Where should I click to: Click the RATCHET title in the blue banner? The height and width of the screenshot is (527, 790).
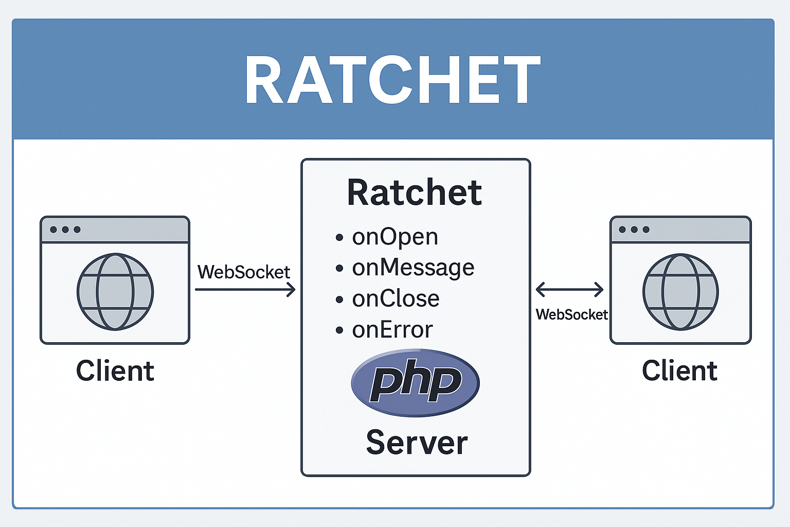[x=392, y=80]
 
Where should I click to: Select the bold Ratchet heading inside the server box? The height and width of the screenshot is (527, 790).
[x=415, y=192]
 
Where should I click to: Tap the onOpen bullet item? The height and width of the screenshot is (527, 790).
[x=395, y=237]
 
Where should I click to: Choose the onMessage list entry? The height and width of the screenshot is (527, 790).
[x=413, y=268]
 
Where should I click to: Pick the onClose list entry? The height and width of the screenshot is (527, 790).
[x=396, y=299]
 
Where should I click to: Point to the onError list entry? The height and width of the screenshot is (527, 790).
[x=392, y=330]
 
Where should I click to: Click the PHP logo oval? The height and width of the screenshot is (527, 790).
[x=415, y=382]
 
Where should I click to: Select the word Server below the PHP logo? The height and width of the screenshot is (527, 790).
[x=417, y=443]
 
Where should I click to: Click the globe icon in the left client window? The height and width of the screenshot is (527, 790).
[x=115, y=291]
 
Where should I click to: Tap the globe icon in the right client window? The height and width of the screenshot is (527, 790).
[x=680, y=291]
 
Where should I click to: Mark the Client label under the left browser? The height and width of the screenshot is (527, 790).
[x=115, y=371]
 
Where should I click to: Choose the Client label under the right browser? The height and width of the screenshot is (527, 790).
[x=679, y=371]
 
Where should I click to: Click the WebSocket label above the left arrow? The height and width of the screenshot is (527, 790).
[x=244, y=272]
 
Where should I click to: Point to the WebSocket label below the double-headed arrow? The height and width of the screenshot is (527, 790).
[x=571, y=314]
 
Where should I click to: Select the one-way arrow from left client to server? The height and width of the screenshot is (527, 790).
[x=245, y=290]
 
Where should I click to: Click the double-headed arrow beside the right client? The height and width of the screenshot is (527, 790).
[x=569, y=290]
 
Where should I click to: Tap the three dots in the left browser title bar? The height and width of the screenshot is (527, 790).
[x=65, y=230]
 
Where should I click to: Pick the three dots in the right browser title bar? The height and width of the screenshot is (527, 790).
[x=634, y=230]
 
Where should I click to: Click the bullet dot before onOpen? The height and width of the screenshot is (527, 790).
[x=339, y=238]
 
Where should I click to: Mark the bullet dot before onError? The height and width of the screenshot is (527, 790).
[x=339, y=330]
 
